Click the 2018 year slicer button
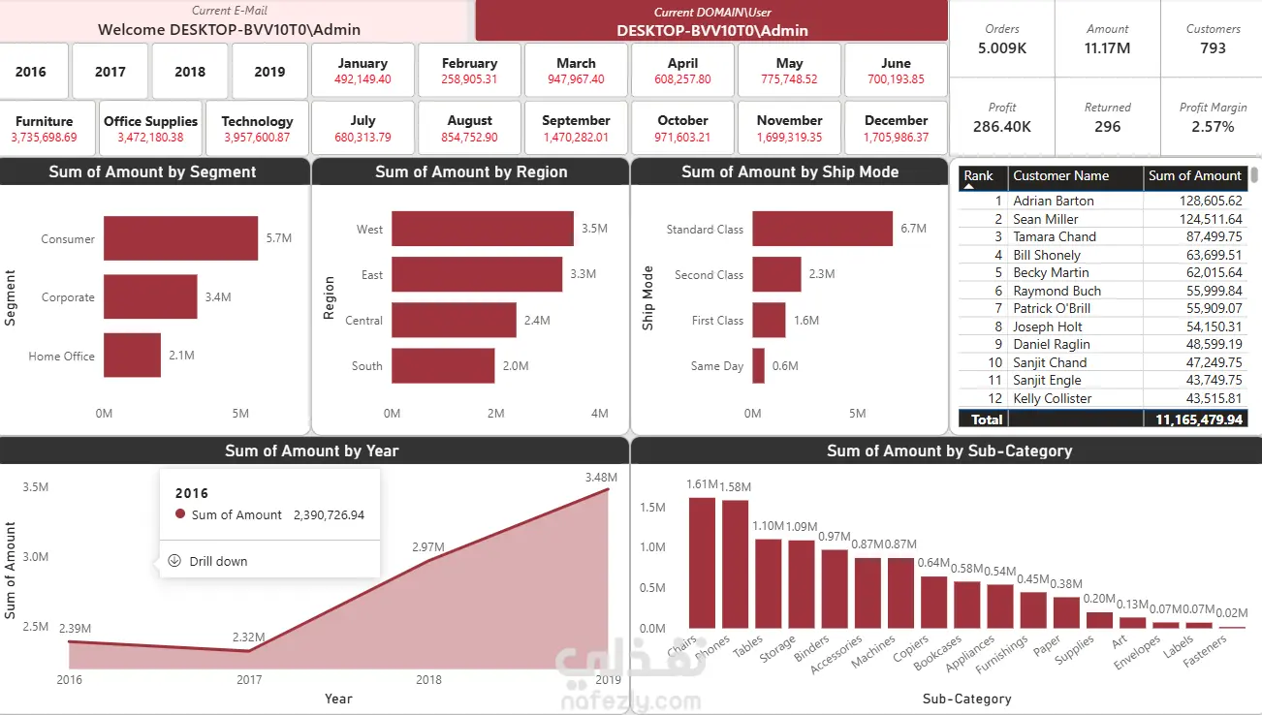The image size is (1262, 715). tap(190, 72)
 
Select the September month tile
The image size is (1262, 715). tap(576, 128)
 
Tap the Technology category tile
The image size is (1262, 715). tap(257, 128)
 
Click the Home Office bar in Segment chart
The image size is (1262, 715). tap(132, 356)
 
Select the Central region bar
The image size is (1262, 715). tap(454, 320)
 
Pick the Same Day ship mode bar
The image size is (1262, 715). tap(758, 366)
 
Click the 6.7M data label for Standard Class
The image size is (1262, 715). tap(913, 229)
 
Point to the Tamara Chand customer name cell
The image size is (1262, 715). tap(1055, 237)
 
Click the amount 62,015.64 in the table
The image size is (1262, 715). tap(1214, 272)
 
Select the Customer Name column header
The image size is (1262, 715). tap(1060, 175)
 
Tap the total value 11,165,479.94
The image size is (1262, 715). tap(1198, 420)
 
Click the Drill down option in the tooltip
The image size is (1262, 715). tap(218, 561)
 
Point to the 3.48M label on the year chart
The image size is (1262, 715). tap(601, 478)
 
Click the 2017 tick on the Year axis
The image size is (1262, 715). tap(249, 679)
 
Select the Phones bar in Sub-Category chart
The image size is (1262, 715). tap(736, 564)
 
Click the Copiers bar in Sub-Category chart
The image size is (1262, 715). tap(934, 603)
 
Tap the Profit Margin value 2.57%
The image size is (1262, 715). tap(1213, 127)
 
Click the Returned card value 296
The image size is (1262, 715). tap(1107, 127)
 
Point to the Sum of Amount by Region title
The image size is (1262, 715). tap(471, 171)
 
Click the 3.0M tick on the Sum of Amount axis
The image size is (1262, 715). tap(36, 557)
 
